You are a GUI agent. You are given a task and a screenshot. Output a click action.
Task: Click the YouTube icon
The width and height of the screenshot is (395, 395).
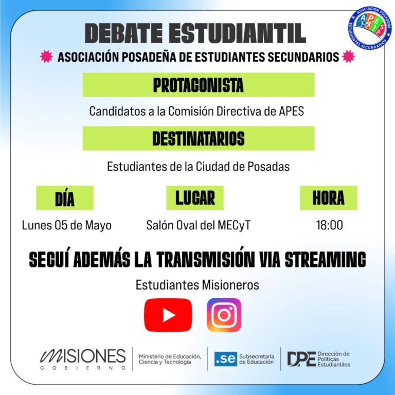[x=168, y=315]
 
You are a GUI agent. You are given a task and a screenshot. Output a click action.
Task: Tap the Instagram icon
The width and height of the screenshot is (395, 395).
[x=224, y=315]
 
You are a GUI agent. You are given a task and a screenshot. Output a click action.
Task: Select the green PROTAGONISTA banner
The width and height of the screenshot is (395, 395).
[x=198, y=85]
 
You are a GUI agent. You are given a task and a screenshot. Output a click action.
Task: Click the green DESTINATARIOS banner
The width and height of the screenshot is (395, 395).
[x=198, y=138]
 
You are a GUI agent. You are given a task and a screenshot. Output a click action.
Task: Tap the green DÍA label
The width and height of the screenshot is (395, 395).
[x=65, y=198]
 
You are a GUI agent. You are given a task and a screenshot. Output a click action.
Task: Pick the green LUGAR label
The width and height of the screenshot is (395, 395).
[x=195, y=197]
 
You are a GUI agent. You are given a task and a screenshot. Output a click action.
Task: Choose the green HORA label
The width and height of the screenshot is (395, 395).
[x=328, y=197]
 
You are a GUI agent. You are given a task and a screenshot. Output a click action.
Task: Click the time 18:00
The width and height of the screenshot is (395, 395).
[x=330, y=225]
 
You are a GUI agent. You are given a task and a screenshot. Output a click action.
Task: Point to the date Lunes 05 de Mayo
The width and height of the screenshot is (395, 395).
[x=67, y=225]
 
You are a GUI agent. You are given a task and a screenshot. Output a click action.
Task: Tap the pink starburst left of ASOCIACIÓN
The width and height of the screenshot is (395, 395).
[x=46, y=57]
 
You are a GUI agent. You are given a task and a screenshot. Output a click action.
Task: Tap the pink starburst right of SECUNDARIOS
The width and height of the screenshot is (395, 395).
[x=348, y=57]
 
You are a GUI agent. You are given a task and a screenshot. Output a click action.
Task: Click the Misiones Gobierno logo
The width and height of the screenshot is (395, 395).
[x=83, y=358]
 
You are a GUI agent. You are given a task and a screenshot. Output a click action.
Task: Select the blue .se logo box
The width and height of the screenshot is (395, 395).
[x=225, y=358]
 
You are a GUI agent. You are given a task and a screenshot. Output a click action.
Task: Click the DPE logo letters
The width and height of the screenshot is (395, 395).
[x=301, y=358]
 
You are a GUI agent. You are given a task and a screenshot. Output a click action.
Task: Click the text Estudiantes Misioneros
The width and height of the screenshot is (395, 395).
[x=197, y=284]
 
